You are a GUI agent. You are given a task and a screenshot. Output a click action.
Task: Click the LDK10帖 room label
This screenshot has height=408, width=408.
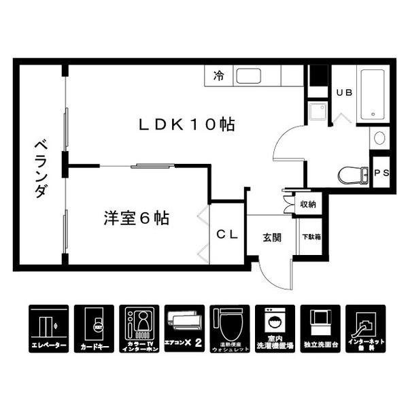pyautogui.click(x=186, y=124)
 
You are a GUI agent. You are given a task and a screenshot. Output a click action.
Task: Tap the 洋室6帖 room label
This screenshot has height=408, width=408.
pyautogui.click(x=136, y=219)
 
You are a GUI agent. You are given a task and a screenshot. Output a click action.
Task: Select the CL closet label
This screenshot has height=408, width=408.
pyautogui.click(x=226, y=235)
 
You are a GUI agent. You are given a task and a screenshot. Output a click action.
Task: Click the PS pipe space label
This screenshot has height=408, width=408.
pyautogui.click(x=381, y=173)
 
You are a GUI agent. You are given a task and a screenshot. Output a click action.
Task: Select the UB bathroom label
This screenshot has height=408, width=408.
pyautogui.click(x=344, y=93)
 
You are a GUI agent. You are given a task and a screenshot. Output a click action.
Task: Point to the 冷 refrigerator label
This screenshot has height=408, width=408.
pyautogui.click(x=219, y=75)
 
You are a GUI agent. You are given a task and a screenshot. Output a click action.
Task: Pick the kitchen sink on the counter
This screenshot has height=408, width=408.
pyautogui.click(x=257, y=75)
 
